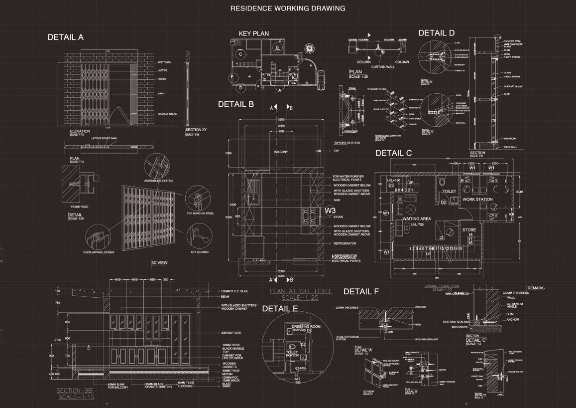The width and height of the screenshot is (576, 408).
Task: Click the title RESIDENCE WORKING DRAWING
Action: (x=288, y=8)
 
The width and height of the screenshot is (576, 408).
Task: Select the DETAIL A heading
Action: (x=65, y=37)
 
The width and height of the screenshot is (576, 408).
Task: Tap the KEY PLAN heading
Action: (x=253, y=33)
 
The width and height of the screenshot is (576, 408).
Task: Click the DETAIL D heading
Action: (x=436, y=33)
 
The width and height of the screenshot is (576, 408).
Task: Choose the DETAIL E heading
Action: (x=280, y=309)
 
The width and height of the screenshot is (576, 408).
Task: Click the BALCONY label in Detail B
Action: (x=281, y=152)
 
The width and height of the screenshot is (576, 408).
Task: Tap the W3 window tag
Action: (x=331, y=210)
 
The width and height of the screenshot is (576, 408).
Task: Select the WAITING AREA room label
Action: (x=417, y=218)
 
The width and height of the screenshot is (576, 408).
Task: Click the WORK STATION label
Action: (x=477, y=200)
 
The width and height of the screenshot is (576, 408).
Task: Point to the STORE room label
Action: (x=469, y=230)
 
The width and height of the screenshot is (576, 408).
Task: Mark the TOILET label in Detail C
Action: (x=449, y=191)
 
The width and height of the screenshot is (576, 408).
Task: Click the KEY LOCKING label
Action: (x=199, y=252)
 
